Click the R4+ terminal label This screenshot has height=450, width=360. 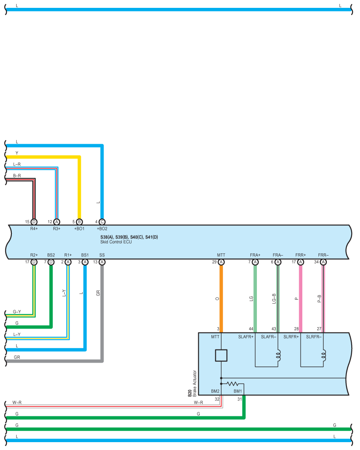click(34, 228)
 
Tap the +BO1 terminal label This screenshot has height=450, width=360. click(79, 228)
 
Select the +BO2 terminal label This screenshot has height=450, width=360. click(102, 228)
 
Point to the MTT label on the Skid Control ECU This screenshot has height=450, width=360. click(221, 255)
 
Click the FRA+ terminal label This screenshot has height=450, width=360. click(255, 255)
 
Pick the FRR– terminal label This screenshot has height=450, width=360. click(323, 255)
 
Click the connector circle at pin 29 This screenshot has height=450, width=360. click(221, 262)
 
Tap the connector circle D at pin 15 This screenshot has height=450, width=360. click(34, 222)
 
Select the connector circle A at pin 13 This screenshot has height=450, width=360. click(102, 262)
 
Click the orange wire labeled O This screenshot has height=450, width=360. click(221, 299)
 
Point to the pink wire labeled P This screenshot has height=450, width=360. click(301, 299)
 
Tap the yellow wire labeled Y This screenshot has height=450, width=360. click(44, 157)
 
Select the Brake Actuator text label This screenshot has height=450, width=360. click(194, 383)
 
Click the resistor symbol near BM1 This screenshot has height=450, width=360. click(232, 384)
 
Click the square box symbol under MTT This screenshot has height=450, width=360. click(221, 355)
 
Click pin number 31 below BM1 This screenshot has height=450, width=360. click(239, 399)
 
